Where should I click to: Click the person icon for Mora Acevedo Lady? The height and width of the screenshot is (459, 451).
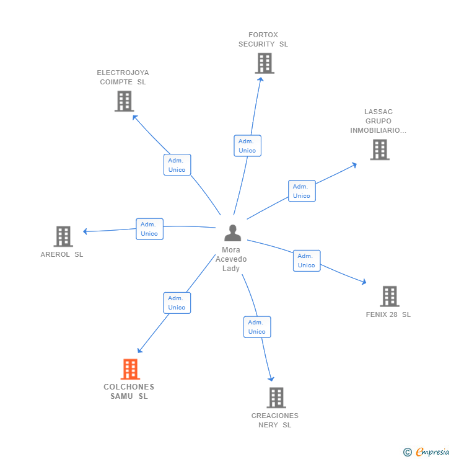pyautogui.click(x=232, y=233)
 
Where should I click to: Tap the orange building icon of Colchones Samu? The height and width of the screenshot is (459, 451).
pyautogui.click(x=130, y=369)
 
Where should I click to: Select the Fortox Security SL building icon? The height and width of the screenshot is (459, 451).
pyautogui.click(x=265, y=63)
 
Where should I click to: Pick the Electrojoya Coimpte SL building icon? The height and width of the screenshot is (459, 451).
pyautogui.click(x=125, y=101)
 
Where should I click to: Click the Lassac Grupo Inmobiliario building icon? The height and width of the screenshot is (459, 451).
pyautogui.click(x=380, y=149)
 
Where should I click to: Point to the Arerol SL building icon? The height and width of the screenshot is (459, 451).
pyautogui.click(x=63, y=236)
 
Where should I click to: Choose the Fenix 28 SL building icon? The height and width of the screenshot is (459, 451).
pyautogui.click(x=389, y=296)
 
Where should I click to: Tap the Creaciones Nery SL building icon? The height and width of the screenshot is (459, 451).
pyautogui.click(x=276, y=398)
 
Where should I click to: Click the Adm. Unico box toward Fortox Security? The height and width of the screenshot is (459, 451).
pyautogui.click(x=247, y=146)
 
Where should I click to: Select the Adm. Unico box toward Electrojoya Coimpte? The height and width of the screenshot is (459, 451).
pyautogui.click(x=177, y=165)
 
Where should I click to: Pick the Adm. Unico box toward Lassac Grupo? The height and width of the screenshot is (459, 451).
pyautogui.click(x=302, y=191)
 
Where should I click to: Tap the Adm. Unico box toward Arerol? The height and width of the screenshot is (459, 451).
pyautogui.click(x=149, y=229)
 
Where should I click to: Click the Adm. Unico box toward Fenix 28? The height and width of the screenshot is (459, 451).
pyautogui.click(x=307, y=261)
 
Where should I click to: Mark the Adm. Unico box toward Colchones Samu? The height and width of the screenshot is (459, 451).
pyautogui.click(x=177, y=303)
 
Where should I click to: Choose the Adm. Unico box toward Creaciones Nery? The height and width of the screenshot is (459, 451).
pyautogui.click(x=257, y=327)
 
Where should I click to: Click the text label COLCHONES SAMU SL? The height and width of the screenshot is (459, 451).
pyautogui.click(x=129, y=391)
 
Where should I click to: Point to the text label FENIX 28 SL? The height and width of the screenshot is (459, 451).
pyautogui.click(x=388, y=314)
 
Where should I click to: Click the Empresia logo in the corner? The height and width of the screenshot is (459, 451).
pyautogui.click(x=426, y=452)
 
